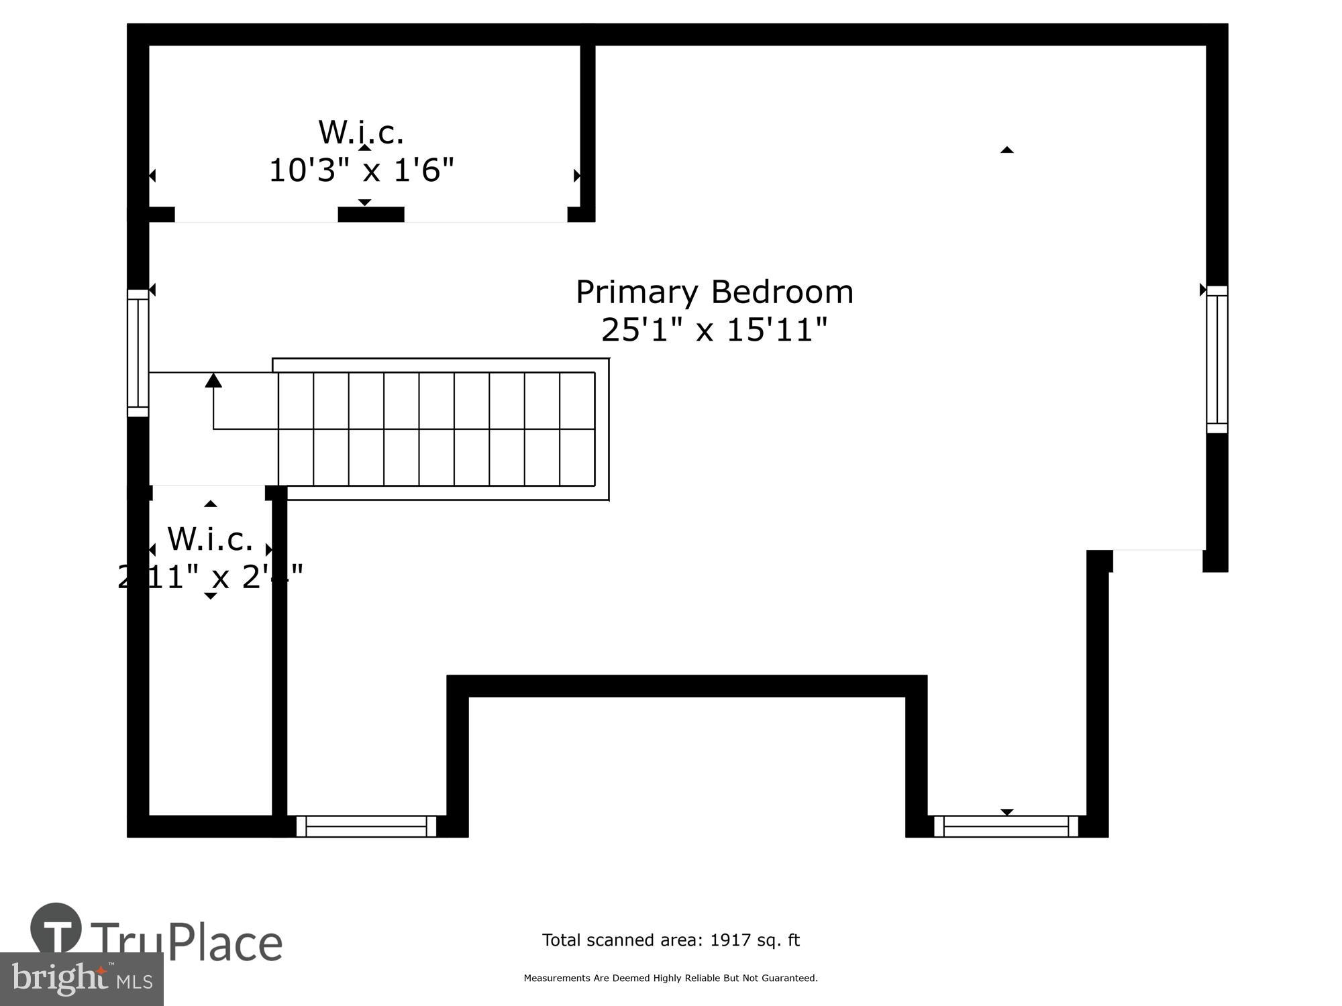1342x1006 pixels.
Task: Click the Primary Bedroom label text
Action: tap(714, 292)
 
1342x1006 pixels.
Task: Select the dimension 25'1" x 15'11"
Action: tap(714, 329)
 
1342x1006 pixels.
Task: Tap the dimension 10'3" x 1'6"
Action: tap(362, 170)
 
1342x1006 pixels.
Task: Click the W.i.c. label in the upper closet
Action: tap(361, 132)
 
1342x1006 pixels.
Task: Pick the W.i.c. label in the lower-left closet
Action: tap(210, 539)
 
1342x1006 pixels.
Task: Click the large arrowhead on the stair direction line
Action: tap(213, 380)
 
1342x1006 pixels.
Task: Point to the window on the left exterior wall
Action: tap(138, 353)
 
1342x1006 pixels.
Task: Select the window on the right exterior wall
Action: tap(1217, 359)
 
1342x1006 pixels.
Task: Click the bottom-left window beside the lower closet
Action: tap(366, 826)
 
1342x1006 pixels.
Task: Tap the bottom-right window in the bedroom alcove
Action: tap(1006, 826)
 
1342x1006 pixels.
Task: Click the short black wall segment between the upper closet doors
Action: tap(370, 214)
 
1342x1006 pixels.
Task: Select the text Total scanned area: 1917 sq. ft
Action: tap(670, 940)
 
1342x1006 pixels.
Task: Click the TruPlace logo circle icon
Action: tap(56, 929)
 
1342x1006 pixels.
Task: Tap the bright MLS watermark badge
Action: tap(81, 979)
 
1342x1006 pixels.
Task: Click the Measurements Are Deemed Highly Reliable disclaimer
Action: tap(670, 979)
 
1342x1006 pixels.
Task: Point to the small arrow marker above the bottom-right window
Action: tap(1007, 812)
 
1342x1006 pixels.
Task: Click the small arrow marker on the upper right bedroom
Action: tap(1007, 150)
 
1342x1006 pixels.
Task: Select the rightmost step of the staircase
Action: tap(577, 429)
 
